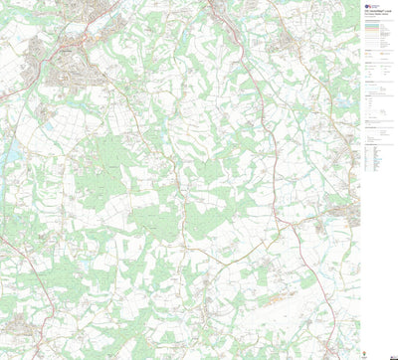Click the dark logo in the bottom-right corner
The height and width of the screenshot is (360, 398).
382,348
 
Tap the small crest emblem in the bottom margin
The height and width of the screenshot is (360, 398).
369,348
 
